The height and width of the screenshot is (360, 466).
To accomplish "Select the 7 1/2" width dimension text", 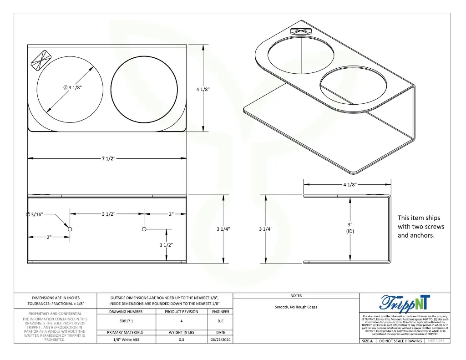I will [x=108, y=158].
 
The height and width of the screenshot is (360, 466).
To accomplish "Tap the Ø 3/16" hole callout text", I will [x=35, y=214].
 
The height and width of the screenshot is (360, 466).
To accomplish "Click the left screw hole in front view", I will [x=70, y=229].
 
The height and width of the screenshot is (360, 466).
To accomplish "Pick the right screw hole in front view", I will [x=144, y=229].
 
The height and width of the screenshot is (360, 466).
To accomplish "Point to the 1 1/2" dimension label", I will [x=167, y=245].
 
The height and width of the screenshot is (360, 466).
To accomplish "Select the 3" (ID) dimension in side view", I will [x=349, y=228].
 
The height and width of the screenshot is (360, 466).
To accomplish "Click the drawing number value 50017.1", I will [x=126, y=321].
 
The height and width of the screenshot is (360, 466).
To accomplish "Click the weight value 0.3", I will [x=181, y=340].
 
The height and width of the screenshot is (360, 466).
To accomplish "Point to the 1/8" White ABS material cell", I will [x=126, y=340].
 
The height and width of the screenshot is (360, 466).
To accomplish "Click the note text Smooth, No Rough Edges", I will [x=296, y=307].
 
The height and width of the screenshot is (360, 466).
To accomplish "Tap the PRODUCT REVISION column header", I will [x=181, y=312].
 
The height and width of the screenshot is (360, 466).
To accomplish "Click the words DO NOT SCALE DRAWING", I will [x=400, y=341].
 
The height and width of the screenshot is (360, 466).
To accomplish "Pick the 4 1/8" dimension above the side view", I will [x=349, y=185].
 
